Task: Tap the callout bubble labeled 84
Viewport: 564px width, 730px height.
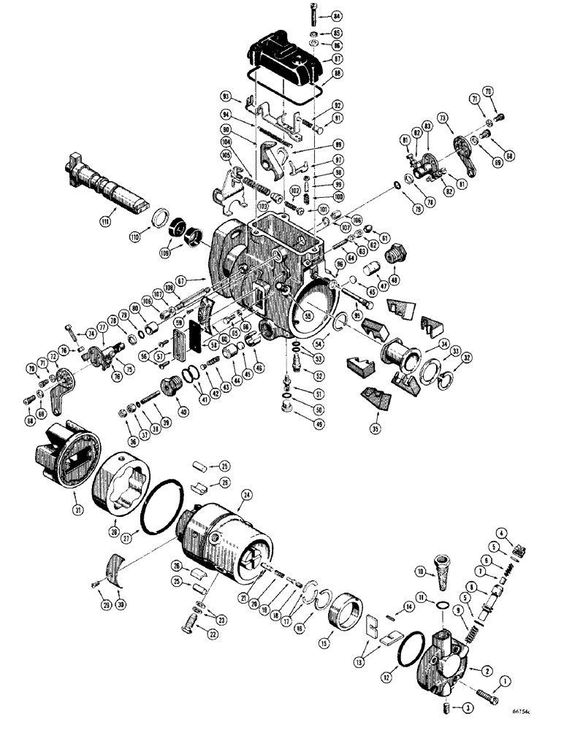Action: pos(316,15)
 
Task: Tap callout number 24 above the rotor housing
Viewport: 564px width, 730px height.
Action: pos(246,495)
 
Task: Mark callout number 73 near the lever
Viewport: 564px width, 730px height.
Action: pos(443,118)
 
